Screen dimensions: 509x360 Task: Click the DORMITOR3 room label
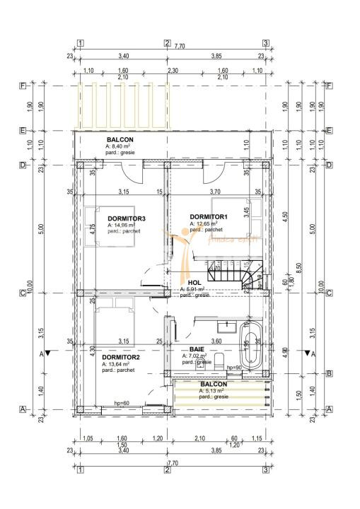(x=127, y=218)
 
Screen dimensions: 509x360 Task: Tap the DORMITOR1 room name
(x=209, y=216)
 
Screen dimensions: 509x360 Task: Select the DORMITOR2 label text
(x=121, y=358)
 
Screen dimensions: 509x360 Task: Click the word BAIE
(x=197, y=349)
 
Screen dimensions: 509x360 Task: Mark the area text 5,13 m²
(x=212, y=390)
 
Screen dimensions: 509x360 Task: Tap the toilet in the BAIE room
(x=202, y=363)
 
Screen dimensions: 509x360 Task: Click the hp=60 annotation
(x=122, y=404)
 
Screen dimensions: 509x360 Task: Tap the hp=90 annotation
(x=234, y=368)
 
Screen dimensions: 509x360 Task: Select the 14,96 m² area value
(x=124, y=225)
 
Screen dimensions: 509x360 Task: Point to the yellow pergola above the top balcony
(x=123, y=105)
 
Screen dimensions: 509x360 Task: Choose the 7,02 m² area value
(x=197, y=356)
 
